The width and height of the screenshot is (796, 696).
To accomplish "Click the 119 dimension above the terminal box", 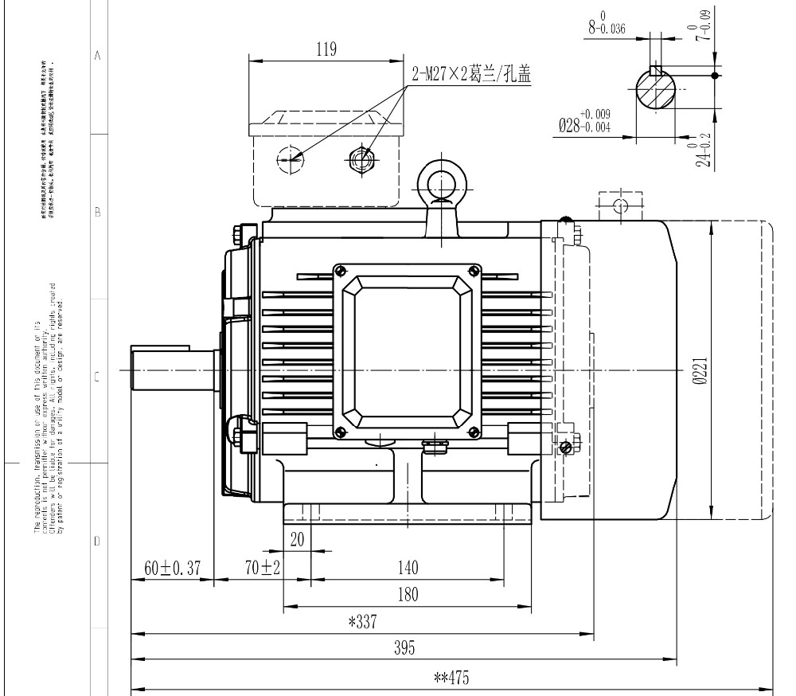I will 325,49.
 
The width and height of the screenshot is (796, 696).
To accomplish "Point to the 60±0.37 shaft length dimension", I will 171,569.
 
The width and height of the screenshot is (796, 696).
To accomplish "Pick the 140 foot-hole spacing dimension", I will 407,569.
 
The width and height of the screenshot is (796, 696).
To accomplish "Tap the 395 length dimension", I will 404,647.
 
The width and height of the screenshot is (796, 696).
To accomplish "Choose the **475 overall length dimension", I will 451,678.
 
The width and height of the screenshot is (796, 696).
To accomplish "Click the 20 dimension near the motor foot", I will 297,539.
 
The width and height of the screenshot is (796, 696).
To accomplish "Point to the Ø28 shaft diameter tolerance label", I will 584,123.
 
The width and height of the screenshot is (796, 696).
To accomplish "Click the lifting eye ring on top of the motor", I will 439,184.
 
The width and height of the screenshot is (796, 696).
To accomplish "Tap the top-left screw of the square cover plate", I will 341,270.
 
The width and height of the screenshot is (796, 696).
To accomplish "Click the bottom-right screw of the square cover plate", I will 475,432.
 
